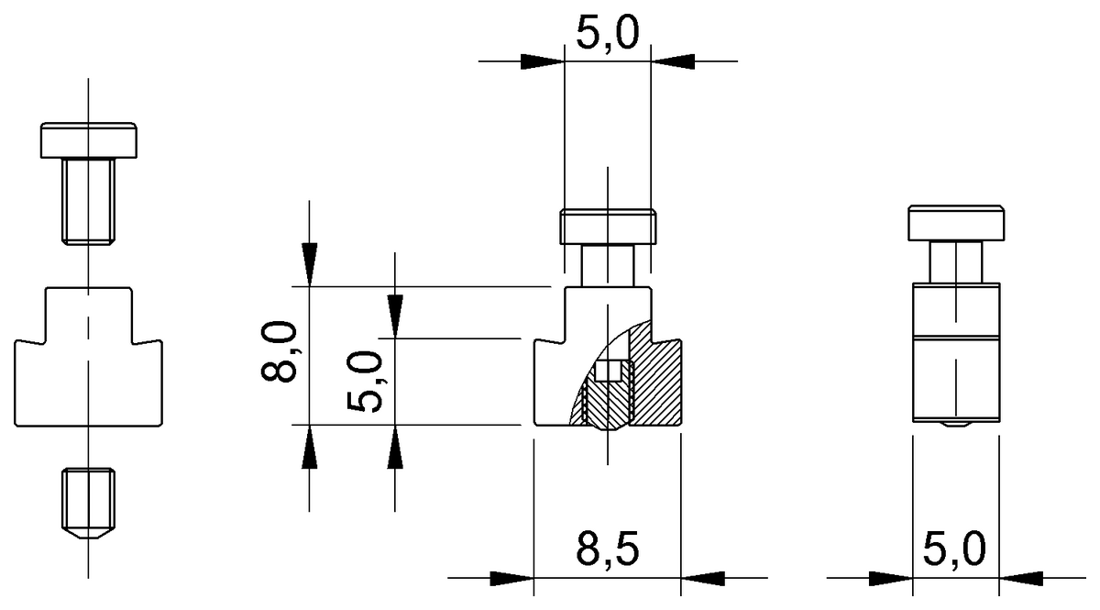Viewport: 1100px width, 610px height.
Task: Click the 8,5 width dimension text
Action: [x=607, y=549]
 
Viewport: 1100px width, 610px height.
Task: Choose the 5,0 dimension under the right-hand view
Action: [x=954, y=549]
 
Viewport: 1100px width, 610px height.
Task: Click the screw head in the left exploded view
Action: [x=89, y=139]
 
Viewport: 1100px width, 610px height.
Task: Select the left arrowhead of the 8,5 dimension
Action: [x=511, y=578]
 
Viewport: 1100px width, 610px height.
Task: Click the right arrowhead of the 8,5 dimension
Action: [x=703, y=578]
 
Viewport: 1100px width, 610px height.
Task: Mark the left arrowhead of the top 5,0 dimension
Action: [x=541, y=61]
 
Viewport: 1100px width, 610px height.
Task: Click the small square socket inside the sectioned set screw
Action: [x=609, y=372]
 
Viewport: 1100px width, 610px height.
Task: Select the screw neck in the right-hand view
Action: [x=957, y=261]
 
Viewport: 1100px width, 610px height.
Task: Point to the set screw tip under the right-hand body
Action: [x=957, y=426]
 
